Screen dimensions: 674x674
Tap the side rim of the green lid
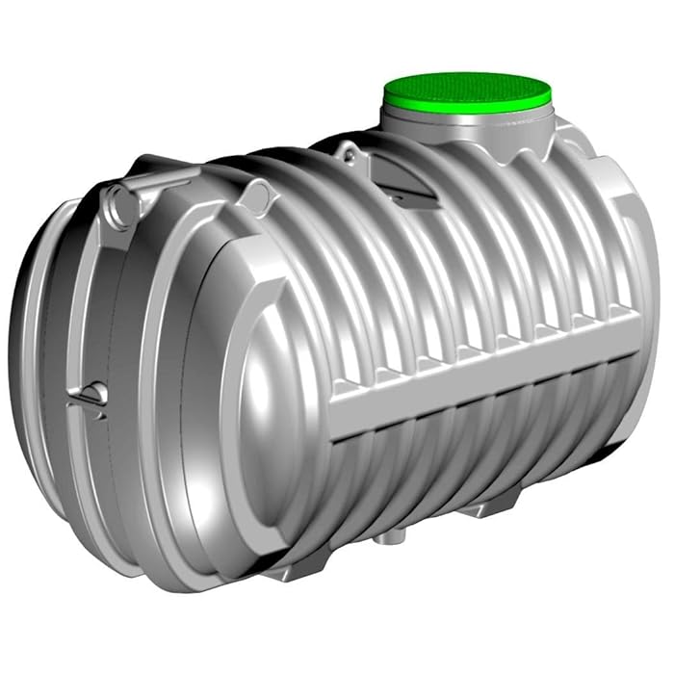click(469, 107)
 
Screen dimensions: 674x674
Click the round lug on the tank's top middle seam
click(255, 197)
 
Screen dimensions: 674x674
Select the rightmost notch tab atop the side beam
click(617, 309)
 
